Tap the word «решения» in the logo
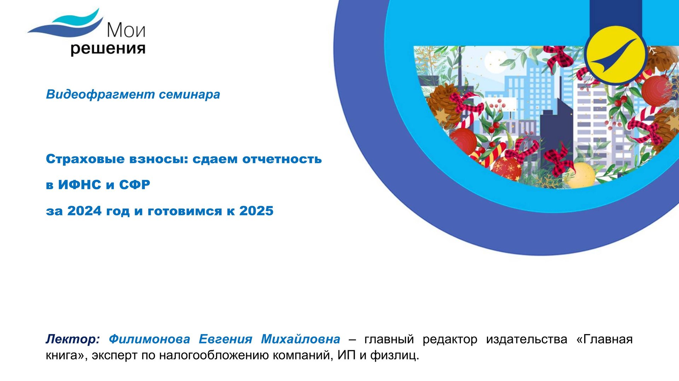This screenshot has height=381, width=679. (108, 49)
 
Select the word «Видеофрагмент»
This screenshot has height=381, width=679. (100, 94)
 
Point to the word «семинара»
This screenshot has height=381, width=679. (189, 94)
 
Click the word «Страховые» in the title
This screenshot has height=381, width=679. (85, 159)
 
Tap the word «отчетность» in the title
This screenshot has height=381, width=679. (282, 159)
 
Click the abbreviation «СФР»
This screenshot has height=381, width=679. (134, 185)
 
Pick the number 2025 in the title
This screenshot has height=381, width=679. (256, 211)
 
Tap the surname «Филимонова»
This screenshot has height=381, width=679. (149, 339)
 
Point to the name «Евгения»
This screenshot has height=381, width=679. (225, 339)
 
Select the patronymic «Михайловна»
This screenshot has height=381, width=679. (301, 339)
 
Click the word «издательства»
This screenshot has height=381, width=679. (527, 339)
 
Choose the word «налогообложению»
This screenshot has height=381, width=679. (205, 355)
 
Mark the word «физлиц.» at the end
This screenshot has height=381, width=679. (395, 355)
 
